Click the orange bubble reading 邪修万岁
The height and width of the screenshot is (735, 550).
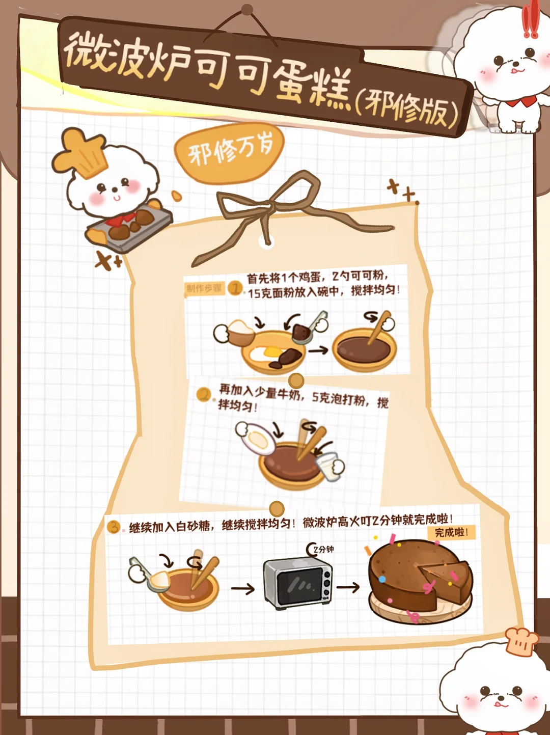click(x=229, y=154)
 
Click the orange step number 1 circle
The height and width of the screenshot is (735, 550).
click(x=235, y=288)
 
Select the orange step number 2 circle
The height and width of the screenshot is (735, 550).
click(x=204, y=394)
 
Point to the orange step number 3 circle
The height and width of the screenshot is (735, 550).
click(x=114, y=527)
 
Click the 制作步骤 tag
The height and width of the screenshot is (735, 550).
click(x=204, y=288)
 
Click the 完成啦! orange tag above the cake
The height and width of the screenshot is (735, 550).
click(x=451, y=532)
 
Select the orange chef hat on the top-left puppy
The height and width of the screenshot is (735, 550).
click(x=81, y=153)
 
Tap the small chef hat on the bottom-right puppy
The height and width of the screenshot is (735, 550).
click(x=520, y=640)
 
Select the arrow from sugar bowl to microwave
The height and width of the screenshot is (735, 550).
click(x=243, y=589)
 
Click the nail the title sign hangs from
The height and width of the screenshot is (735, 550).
click(x=247, y=9)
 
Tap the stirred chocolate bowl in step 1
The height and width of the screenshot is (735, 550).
click(x=365, y=349)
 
